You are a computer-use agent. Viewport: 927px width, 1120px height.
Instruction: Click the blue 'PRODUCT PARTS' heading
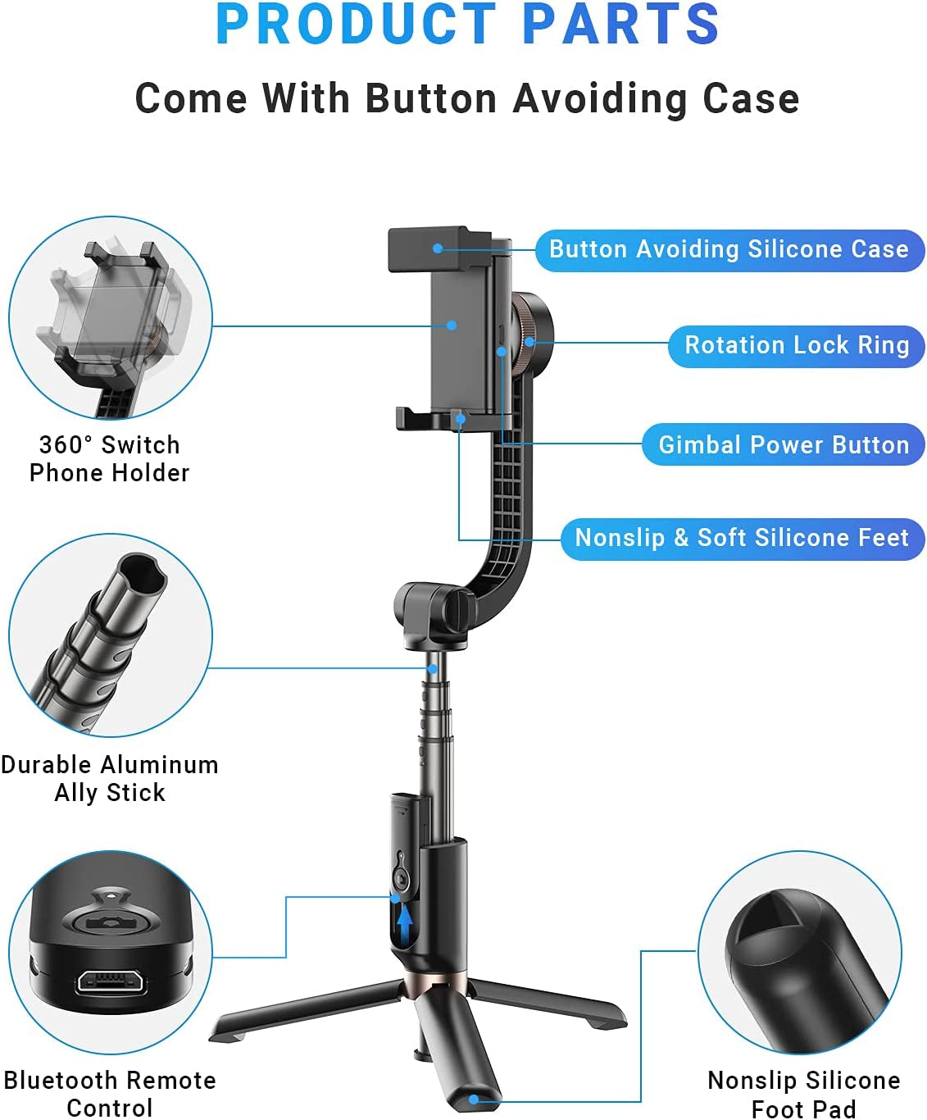(467, 25)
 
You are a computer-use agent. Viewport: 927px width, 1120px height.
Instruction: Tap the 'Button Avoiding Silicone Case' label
(729, 249)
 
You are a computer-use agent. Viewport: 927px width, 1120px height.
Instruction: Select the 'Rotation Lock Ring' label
(797, 345)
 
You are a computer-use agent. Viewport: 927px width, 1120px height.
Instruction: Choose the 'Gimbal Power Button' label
(784, 444)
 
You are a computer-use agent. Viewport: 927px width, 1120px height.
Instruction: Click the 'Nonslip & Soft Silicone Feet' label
(742, 538)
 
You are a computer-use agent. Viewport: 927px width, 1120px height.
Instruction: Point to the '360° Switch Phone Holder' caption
(110, 458)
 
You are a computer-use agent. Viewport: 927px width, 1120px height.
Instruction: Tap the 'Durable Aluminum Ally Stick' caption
(110, 778)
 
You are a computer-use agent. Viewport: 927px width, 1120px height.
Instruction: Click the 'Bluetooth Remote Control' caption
(110, 1093)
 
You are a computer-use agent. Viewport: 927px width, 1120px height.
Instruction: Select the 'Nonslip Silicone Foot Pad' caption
(803, 1094)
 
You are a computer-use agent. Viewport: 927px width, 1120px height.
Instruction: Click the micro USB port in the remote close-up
(111, 981)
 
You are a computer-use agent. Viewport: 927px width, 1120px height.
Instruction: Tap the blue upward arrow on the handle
(404, 922)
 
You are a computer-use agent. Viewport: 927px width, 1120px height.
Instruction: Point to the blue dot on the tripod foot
(473, 1100)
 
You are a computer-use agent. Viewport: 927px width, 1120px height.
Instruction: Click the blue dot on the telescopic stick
(432, 669)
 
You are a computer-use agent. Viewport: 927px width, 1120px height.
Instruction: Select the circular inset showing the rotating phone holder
(110, 318)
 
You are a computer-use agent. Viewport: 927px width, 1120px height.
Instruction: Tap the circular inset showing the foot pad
(800, 953)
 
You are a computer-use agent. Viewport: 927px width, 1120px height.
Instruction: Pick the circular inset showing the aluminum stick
(110, 635)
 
